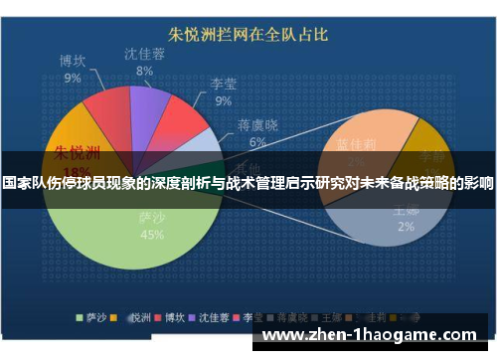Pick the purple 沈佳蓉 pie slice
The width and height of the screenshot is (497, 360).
[150, 104]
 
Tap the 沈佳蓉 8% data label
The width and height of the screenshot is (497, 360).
[145, 62]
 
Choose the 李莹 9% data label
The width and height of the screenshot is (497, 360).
[223, 91]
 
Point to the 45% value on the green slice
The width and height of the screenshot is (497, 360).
[152, 235]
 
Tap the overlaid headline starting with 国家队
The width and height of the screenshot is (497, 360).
[248, 184]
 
